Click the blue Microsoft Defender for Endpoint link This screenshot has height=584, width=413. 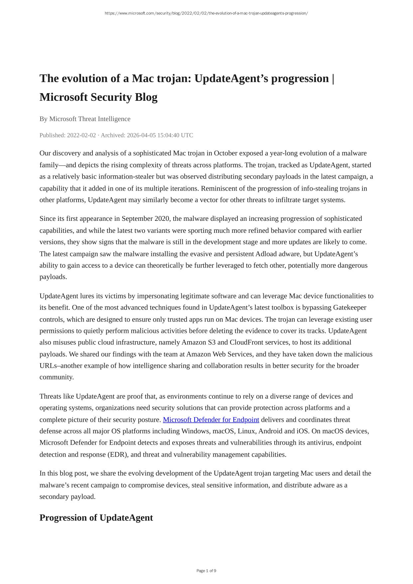pos(211,420)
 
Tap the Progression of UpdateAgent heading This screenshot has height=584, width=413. pos(96,518)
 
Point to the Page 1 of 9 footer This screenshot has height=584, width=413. pos(206,571)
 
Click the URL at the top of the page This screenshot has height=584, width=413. pos(206,13)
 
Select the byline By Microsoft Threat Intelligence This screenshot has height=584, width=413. pos(85,119)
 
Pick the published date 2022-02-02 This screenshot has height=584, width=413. pos(81,135)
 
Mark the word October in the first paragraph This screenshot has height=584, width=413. pos(225,153)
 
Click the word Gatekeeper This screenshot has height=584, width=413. pos(349,308)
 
